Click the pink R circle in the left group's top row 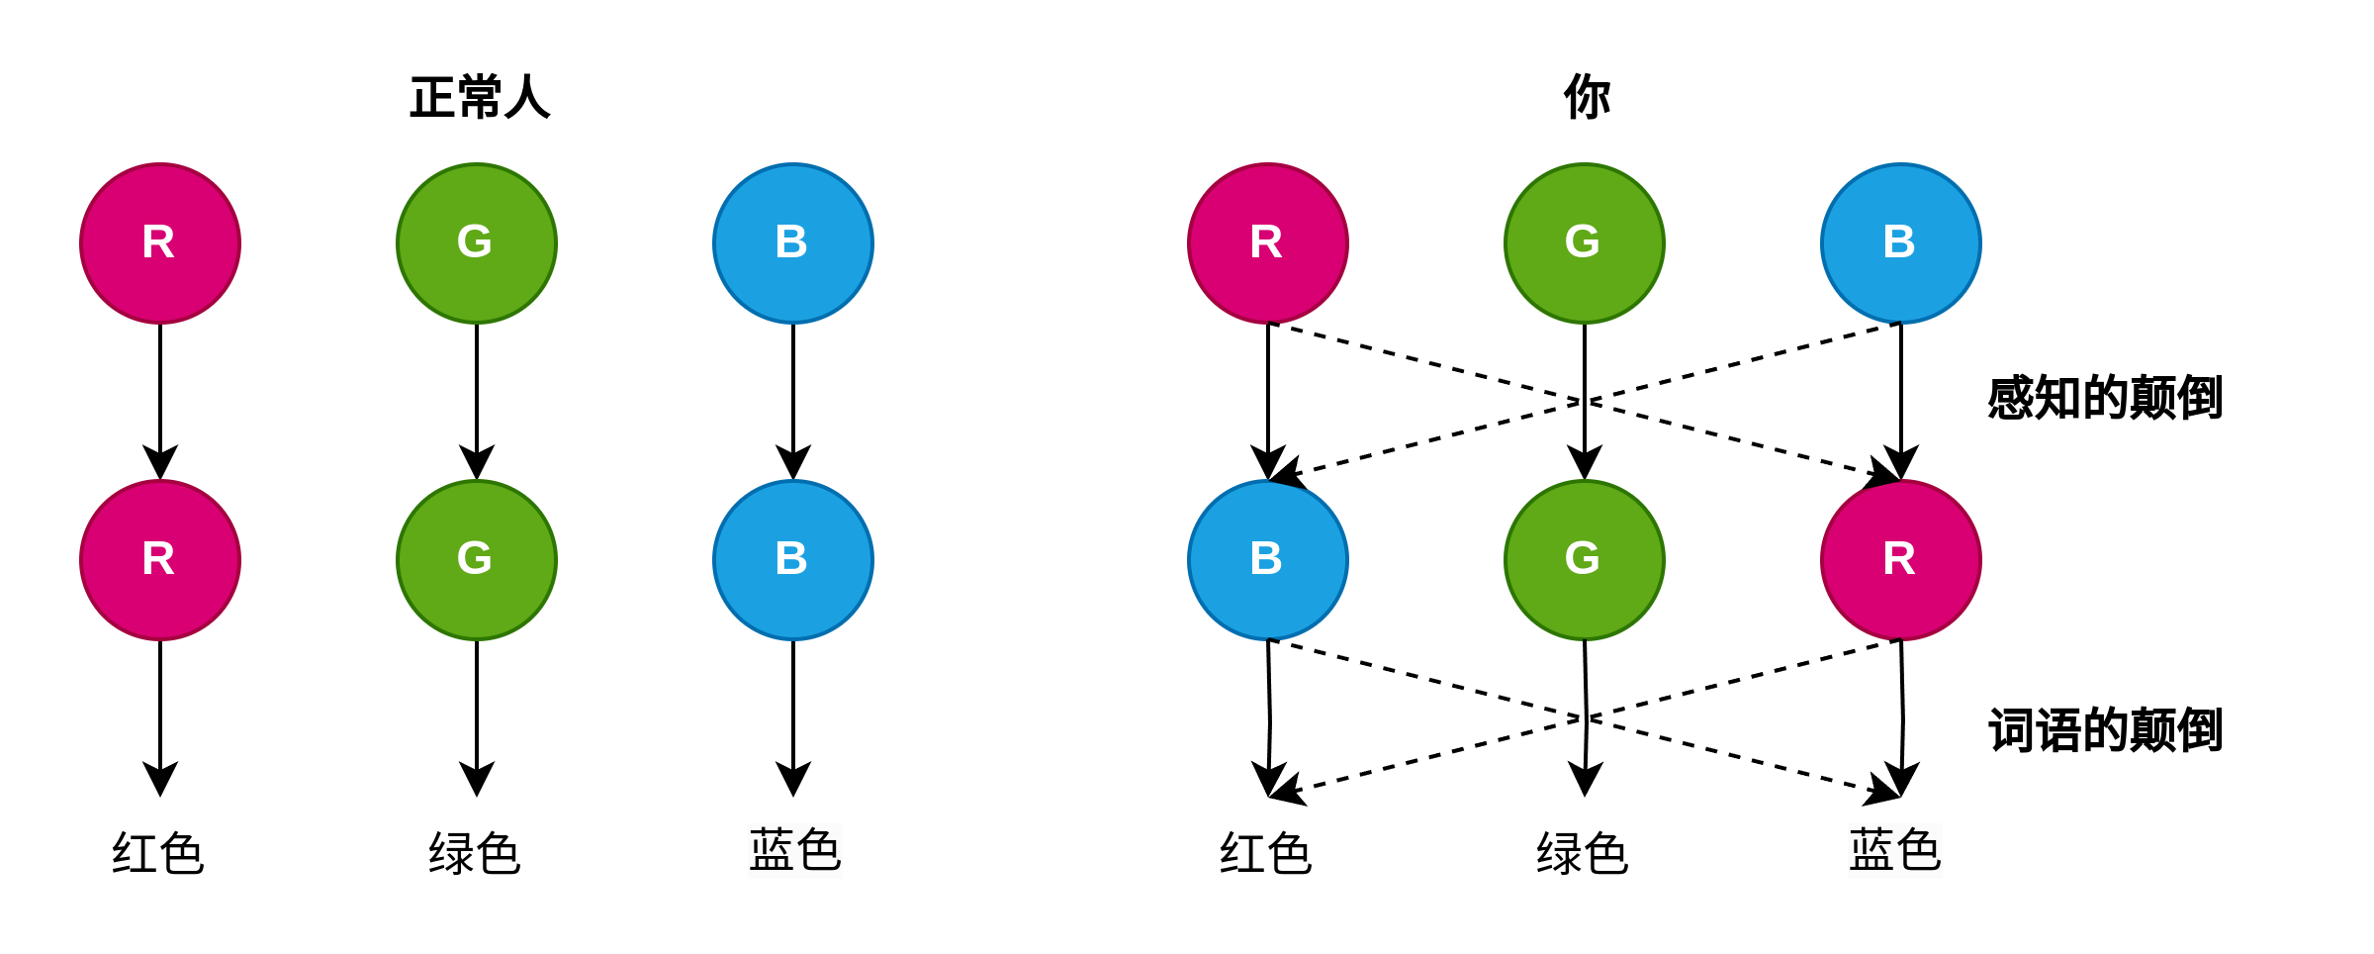[160, 243]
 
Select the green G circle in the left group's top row [477, 243]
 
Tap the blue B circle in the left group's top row [793, 243]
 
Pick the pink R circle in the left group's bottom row [160, 560]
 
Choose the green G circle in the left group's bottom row [477, 560]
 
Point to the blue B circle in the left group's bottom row [793, 560]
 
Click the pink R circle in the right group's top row [1268, 243]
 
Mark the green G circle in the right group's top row [1585, 243]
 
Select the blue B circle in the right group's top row [1901, 243]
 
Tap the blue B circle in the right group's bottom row [1268, 560]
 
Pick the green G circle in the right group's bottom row [1585, 560]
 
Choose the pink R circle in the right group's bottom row [1901, 560]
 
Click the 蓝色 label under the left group [795, 851]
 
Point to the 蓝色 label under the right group [1895, 851]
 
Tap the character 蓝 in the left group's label [772, 851]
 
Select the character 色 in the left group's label [819, 851]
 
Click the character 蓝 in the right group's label [1872, 851]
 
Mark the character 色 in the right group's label [1919, 851]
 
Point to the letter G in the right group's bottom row [1583, 558]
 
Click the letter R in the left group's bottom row [158, 559]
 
